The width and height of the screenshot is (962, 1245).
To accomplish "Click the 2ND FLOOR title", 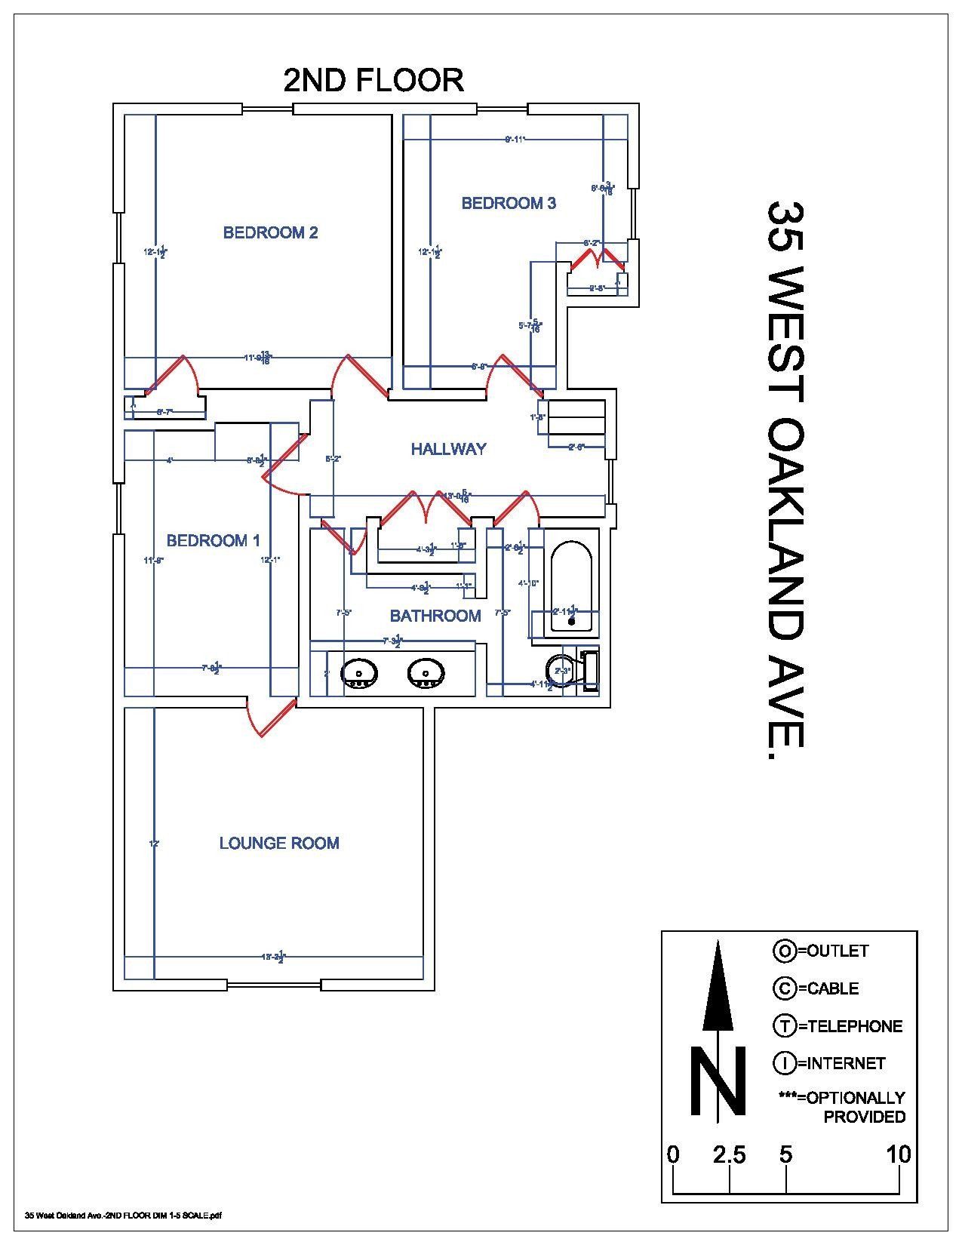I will pos(373,80).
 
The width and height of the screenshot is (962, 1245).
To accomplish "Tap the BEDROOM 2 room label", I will pos(270,232).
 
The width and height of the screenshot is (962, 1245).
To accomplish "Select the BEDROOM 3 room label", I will pos(509,203).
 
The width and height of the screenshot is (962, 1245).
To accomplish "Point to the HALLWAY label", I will pos(448,449).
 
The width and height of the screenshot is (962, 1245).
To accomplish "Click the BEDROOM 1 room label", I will pos(213,540).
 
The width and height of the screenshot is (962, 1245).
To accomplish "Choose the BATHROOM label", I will pos(435,616).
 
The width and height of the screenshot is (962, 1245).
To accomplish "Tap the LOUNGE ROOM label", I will pos(279,843).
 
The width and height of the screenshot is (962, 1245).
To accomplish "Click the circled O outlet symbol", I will pos(784,951).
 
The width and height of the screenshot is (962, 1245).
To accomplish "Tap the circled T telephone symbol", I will pos(784,1026).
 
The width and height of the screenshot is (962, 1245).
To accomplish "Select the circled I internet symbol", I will pos(784,1063).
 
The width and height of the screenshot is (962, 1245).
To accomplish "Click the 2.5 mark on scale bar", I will pos(729,1154).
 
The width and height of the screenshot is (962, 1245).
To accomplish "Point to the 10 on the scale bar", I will pos(898,1154).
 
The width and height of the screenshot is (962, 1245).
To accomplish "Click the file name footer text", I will pos(123,1216).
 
